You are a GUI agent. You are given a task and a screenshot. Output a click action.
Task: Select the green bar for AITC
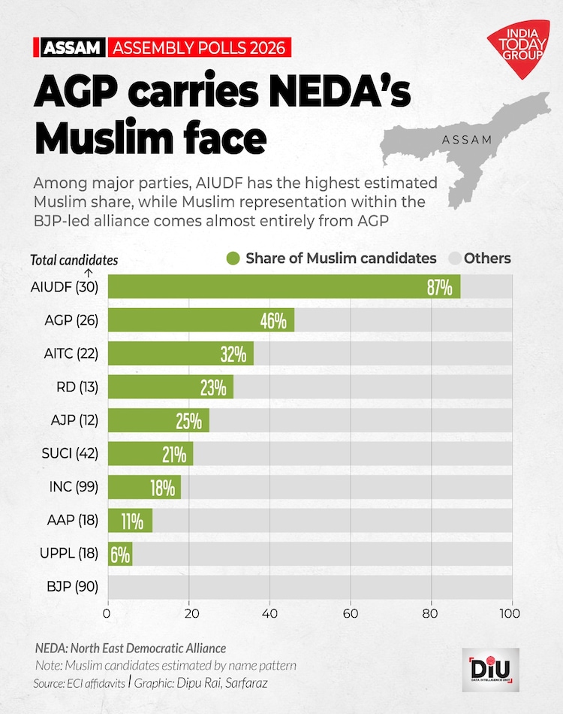coord(181,354)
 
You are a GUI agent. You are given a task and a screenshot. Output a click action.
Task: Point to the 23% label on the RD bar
coord(213,388)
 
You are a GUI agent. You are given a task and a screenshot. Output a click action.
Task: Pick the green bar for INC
coord(144,487)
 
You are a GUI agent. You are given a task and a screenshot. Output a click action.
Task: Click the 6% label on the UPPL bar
coord(120,554)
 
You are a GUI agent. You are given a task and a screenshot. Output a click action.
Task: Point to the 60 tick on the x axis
coord(351,612)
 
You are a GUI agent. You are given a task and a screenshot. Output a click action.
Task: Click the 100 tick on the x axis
coord(511,612)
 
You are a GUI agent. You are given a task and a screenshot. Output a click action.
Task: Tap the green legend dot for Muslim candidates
coord(233,259)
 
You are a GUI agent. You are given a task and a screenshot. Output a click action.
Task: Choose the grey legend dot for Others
coord(453,259)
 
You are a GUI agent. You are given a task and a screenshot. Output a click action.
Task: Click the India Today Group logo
coord(517,49)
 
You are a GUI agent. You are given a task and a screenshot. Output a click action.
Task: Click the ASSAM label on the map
coord(467,140)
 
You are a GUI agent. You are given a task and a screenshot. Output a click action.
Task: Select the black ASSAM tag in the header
coord(71,48)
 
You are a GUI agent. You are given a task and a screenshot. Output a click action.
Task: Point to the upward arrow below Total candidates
coord(89,273)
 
